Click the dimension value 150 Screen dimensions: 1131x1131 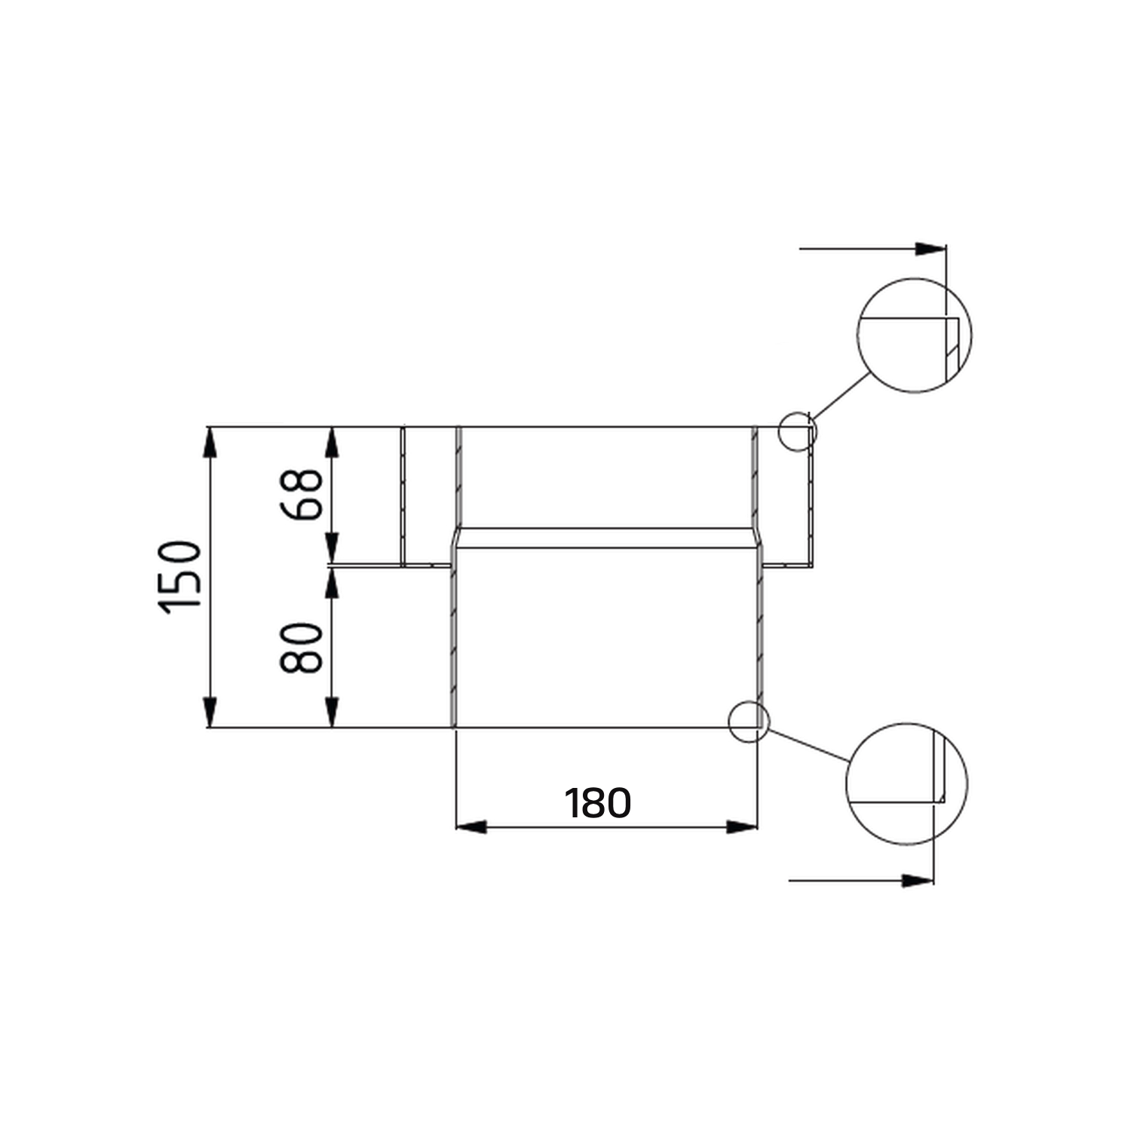pos(181,577)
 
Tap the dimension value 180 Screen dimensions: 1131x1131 pos(598,803)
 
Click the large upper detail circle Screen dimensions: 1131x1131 pos(914,336)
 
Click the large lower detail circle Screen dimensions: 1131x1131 pos(906,784)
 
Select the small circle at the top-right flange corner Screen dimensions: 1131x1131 pos(798,432)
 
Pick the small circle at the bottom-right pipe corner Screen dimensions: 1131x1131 pos(749,722)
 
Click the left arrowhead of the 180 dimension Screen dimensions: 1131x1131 pos(471,827)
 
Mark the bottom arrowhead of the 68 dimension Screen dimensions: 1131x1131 pos(332,547)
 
